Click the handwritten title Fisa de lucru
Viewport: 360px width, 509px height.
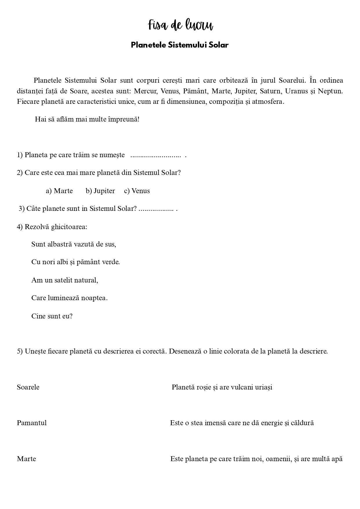pos(180,25)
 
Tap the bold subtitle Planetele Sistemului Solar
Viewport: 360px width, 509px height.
pos(180,45)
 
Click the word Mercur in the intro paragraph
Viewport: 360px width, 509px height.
pos(145,91)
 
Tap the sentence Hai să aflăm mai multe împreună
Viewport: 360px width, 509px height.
pos(87,119)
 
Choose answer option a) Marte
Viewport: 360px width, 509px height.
pos(59,191)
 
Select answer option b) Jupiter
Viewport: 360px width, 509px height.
pos(100,191)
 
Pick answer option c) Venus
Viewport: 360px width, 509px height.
pos(137,191)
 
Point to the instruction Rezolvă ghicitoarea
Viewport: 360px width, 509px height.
pos(56,227)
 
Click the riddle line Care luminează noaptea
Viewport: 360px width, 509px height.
pos(69,298)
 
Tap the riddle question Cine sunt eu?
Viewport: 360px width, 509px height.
pos(52,316)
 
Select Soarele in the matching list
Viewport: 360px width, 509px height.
pos(28,387)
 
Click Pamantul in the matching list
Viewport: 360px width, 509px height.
pos(32,423)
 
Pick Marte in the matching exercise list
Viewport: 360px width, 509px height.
pos(26,459)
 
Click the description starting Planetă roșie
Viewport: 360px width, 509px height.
pos(222,387)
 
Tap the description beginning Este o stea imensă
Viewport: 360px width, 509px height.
pos(242,423)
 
